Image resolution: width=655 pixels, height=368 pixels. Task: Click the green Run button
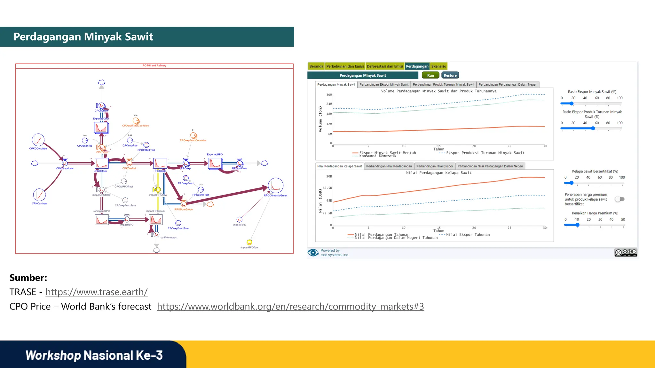(x=430, y=75)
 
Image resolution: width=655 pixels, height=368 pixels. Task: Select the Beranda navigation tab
(x=316, y=66)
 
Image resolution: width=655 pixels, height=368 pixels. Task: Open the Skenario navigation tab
(x=438, y=66)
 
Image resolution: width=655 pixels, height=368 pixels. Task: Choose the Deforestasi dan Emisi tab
(x=385, y=66)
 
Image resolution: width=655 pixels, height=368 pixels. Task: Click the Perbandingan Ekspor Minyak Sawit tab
(x=384, y=85)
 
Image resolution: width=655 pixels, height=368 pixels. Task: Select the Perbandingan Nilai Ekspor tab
(x=435, y=166)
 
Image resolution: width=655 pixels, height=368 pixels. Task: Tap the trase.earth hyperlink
(x=96, y=292)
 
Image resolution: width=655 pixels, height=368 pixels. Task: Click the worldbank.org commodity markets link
(x=290, y=306)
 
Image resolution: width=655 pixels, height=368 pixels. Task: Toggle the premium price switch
(x=620, y=199)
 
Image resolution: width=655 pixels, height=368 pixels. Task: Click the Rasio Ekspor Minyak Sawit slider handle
(x=572, y=103)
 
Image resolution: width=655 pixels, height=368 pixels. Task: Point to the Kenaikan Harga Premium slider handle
(x=578, y=225)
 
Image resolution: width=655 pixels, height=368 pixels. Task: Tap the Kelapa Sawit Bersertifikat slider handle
(x=572, y=183)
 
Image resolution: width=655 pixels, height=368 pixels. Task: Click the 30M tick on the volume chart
(x=329, y=95)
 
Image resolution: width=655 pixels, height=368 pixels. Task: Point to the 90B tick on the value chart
(x=329, y=176)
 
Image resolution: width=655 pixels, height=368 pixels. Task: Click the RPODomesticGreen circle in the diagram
(x=276, y=186)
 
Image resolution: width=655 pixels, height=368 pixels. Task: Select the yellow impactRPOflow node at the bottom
(x=249, y=242)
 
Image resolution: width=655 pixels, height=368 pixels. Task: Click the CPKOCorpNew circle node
(x=38, y=140)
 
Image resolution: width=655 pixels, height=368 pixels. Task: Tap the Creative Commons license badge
(x=626, y=252)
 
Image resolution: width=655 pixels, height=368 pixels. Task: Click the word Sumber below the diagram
(x=28, y=278)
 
